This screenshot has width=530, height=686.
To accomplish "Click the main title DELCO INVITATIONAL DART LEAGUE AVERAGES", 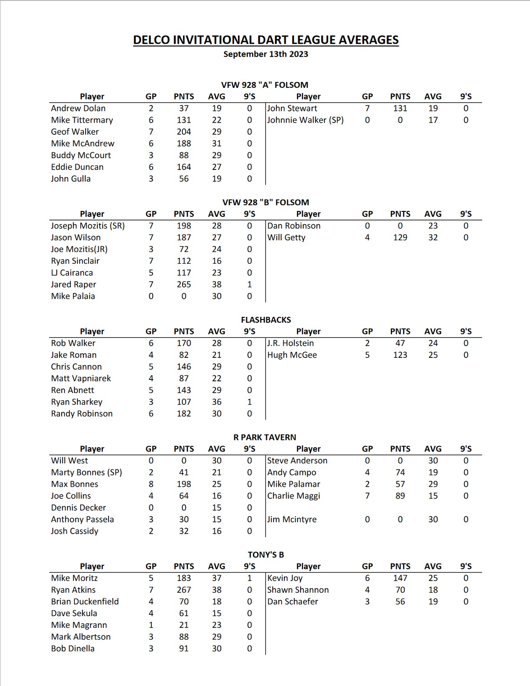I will point(265,40).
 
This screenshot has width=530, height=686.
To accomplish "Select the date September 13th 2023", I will point(265,54).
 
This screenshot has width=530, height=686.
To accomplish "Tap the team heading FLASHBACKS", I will point(265,320).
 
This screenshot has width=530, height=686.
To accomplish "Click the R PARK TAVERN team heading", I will point(265,437).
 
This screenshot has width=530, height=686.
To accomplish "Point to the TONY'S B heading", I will point(265,554).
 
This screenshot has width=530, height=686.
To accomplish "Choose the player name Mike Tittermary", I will point(82,120).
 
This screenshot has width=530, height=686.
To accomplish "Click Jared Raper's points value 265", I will point(184,284).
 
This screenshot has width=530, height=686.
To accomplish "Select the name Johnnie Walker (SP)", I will point(305,120).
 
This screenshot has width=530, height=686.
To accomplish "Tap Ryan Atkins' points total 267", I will point(184,590).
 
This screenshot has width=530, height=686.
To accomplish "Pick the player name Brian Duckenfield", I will point(85,601).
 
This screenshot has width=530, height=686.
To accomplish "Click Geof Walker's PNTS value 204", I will point(184,132).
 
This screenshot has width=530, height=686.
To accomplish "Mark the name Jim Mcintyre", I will point(292,519).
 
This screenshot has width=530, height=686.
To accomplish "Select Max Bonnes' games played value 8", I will point(151,484).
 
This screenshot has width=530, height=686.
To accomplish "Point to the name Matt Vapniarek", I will point(81,378).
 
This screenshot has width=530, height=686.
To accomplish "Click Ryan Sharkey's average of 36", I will point(217,402).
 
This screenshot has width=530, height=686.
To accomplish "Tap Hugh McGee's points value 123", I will point(400,355).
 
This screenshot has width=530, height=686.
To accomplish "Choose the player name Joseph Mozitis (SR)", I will point(88,225).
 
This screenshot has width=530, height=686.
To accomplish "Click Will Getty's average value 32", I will point(433,237).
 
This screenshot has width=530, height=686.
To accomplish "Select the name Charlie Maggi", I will point(293,496).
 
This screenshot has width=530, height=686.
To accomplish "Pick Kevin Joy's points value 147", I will point(400,578).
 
